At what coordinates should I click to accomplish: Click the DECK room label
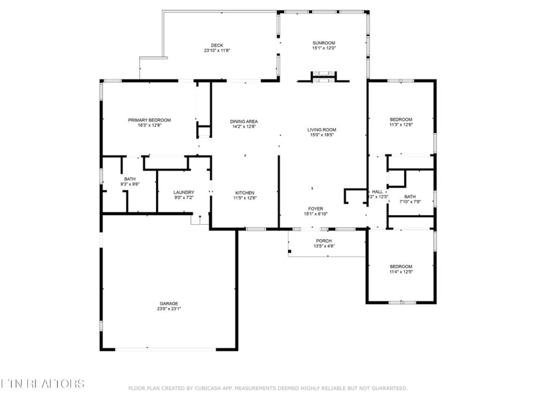click(x=217, y=45)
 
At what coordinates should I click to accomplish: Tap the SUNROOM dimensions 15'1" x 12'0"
click(x=324, y=48)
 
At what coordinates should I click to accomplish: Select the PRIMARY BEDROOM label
click(x=149, y=120)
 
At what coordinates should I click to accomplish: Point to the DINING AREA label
click(x=244, y=121)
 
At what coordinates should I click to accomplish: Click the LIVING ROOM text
click(x=322, y=130)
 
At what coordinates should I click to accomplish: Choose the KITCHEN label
click(x=245, y=193)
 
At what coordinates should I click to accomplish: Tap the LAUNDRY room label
click(x=184, y=192)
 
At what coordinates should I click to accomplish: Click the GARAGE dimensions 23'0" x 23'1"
click(x=169, y=309)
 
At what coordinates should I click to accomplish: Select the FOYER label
click(x=315, y=209)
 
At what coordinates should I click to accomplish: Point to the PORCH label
click(x=324, y=241)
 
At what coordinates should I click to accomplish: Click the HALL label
click(x=377, y=192)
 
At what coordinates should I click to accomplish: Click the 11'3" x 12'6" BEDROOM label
click(x=401, y=119)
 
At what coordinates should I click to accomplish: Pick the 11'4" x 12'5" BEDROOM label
click(x=401, y=266)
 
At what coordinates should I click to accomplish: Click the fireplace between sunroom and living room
click(x=323, y=77)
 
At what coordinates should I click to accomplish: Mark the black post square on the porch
click(x=289, y=251)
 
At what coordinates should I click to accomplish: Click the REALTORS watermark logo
click(x=43, y=384)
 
